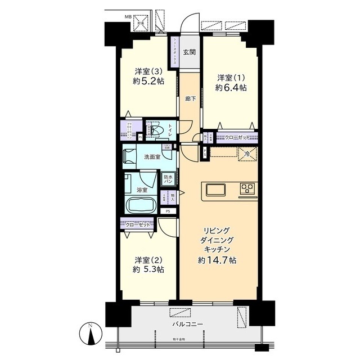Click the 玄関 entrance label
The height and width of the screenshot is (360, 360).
point(190,53)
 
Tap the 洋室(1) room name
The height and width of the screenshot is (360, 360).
point(231,77)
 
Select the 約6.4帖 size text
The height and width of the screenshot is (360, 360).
point(231,88)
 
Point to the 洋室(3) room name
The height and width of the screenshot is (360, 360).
point(149,71)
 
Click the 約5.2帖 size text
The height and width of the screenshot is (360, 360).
point(149,82)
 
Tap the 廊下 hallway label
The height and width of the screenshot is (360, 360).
point(191,99)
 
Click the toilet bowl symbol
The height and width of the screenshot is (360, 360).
point(159,131)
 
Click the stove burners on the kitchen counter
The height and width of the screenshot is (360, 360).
point(247,188)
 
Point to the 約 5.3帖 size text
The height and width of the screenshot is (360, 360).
point(149,270)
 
